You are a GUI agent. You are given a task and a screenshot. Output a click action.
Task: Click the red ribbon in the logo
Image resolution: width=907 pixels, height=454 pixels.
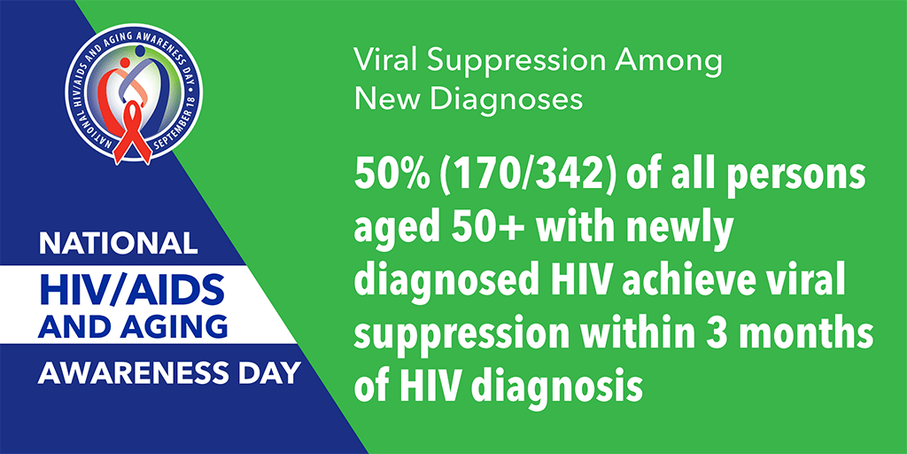pos(133,133)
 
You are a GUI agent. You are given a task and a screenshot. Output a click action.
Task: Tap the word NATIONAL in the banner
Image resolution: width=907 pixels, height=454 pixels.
pos(118,243)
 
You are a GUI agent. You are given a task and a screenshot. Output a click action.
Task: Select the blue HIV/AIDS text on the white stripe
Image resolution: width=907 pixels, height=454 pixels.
pos(131,288)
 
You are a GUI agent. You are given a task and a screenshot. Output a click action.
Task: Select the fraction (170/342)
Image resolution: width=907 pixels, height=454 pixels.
pos(513,176)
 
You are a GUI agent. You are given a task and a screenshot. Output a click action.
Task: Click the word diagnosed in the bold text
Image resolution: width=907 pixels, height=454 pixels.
pos(434,285)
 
